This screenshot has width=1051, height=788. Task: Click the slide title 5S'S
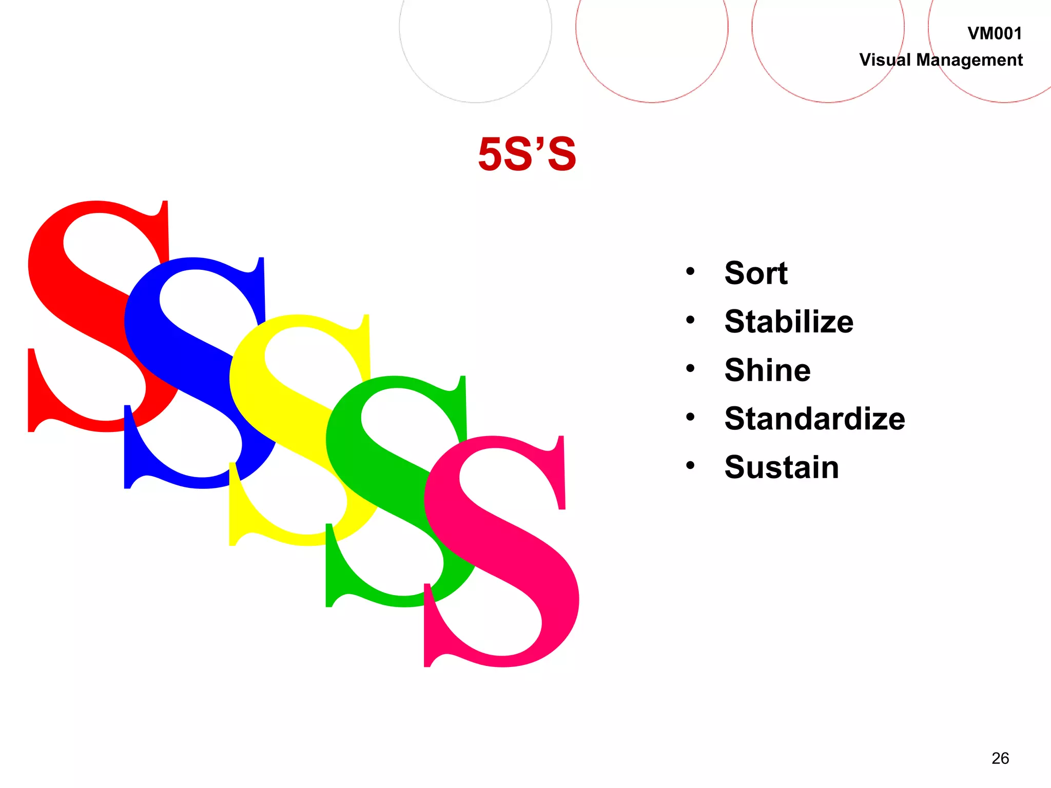click(x=527, y=154)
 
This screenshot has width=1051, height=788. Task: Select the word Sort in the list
click(x=756, y=273)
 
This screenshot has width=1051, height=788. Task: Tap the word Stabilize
click(x=789, y=322)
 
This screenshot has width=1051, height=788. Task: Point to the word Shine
click(x=767, y=370)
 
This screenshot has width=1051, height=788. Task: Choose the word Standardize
click(x=814, y=419)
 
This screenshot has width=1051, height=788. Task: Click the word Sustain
click(x=782, y=467)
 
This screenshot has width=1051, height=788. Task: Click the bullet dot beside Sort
click(x=690, y=271)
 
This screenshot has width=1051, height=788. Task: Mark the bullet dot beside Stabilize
click(x=690, y=320)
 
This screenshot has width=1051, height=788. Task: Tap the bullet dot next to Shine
click(x=690, y=368)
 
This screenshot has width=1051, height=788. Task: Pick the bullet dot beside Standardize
click(x=690, y=417)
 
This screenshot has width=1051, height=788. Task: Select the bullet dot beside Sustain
click(x=690, y=465)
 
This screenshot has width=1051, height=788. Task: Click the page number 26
click(x=1000, y=758)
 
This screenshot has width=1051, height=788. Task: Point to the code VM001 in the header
click(x=995, y=34)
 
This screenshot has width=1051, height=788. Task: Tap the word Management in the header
click(x=969, y=61)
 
